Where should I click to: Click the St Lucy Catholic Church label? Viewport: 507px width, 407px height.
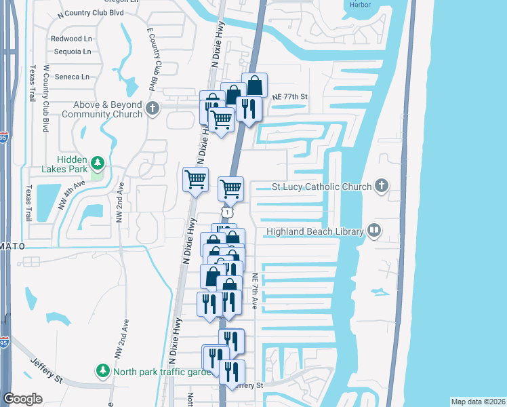321,187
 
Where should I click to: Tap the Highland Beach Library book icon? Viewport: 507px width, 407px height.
373,231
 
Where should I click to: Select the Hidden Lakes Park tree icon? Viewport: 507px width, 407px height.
98,163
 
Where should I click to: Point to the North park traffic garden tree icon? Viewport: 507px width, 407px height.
102,371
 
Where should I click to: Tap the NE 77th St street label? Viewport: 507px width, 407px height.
290,97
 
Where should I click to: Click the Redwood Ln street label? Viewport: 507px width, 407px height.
70,39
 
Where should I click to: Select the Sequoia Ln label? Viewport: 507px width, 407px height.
71,52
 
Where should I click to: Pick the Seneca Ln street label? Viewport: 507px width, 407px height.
72,77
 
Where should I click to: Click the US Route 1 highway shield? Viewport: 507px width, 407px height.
230,213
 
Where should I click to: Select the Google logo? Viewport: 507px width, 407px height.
23,398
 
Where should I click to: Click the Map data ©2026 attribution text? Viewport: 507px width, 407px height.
478,402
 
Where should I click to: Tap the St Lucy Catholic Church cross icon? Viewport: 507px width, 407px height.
382,186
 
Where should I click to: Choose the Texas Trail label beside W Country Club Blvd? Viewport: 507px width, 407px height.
31,84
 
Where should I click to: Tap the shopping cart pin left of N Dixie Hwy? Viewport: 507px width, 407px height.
195,180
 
